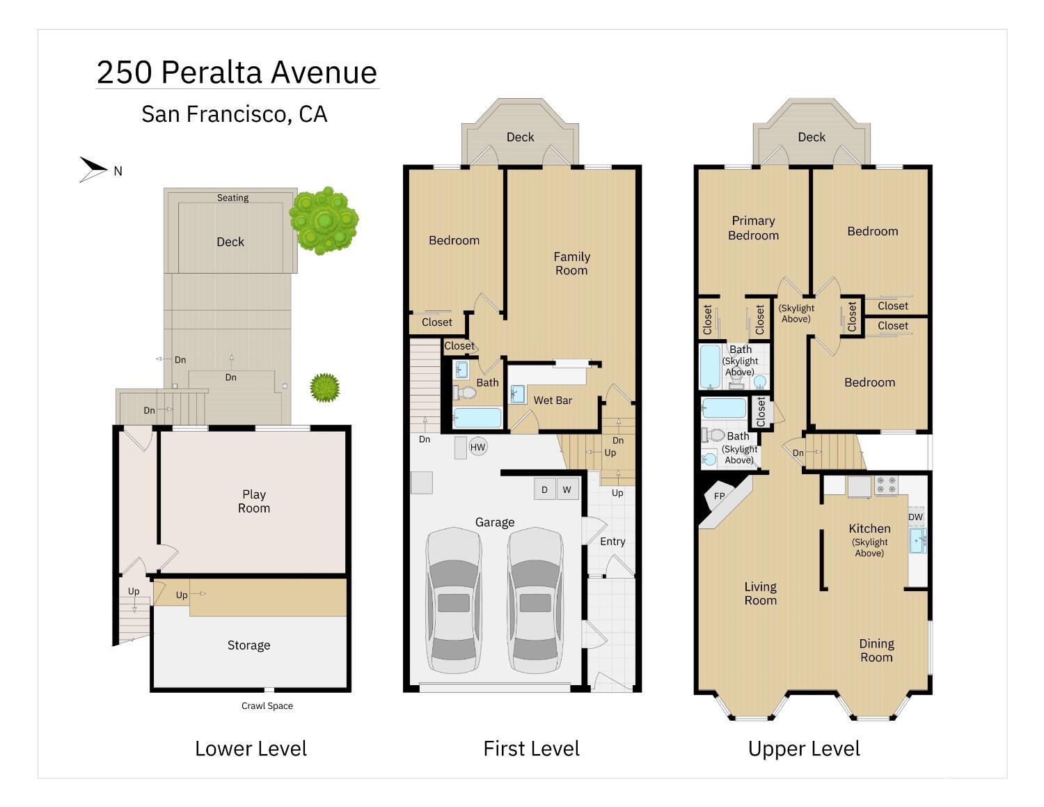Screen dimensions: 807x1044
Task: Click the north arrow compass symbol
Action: coord(93,169)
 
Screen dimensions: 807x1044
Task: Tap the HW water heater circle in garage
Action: coord(477,447)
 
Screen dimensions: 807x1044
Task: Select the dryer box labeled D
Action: coord(544,489)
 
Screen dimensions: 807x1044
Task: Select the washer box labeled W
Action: coord(567,489)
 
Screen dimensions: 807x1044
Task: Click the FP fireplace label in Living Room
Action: coord(720,496)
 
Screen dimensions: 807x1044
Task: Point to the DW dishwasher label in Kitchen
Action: coord(915,517)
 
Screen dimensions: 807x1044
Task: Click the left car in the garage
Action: coord(454,600)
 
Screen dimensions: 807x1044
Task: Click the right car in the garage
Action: coord(535,600)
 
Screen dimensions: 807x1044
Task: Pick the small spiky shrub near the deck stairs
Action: coord(324,387)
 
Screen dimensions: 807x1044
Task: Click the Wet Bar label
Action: coord(553,400)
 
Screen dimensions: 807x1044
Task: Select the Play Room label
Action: coord(254,501)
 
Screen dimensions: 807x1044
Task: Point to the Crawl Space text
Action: coord(267,705)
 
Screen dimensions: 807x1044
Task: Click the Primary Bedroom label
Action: coord(753,228)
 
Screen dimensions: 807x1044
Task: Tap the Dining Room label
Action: coord(876,650)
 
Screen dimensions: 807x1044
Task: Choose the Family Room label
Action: coord(571,263)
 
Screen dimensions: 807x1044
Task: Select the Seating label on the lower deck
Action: coord(232,198)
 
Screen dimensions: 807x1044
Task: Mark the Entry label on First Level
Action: coord(612,541)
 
